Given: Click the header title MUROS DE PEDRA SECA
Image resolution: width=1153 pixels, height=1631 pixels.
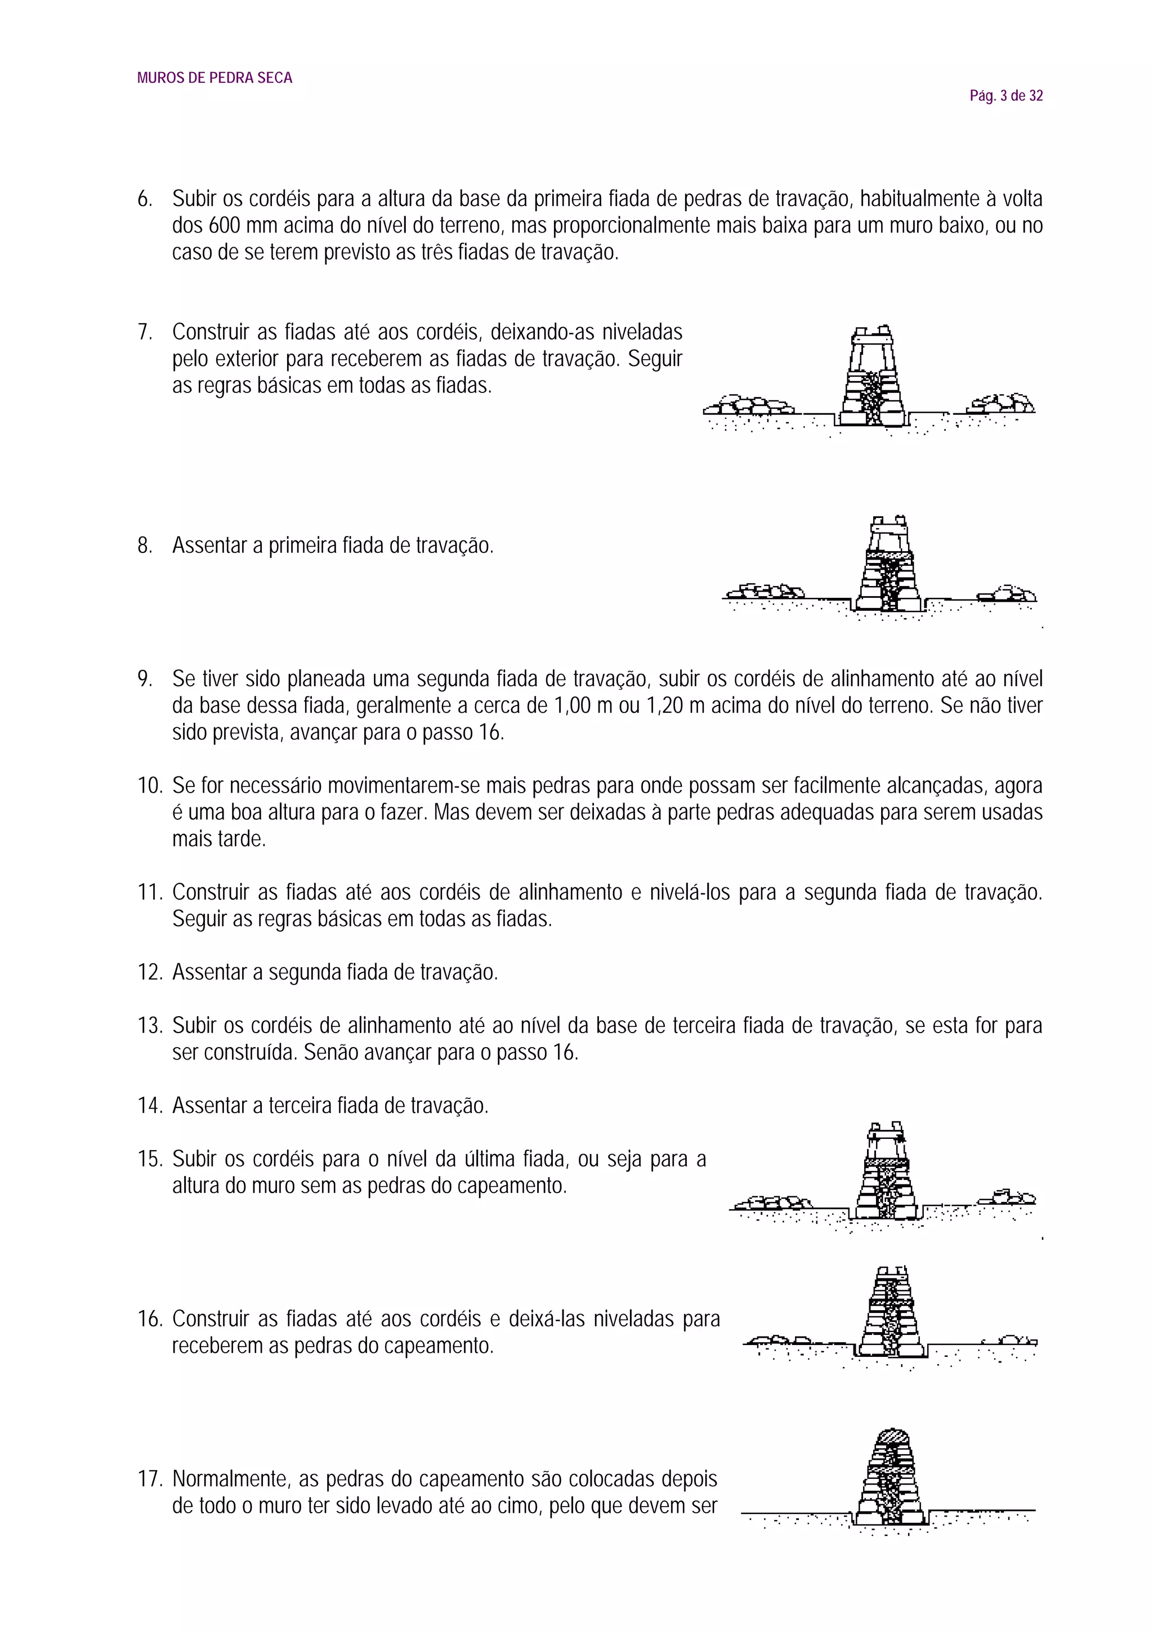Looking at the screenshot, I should pyautogui.click(x=214, y=78).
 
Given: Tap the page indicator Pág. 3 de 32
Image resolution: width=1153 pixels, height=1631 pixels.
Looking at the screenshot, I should pyautogui.click(x=1006, y=96).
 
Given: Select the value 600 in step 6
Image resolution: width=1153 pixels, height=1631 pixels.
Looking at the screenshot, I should pyautogui.click(x=225, y=226).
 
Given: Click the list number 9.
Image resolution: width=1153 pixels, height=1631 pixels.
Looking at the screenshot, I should pyautogui.click(x=144, y=679).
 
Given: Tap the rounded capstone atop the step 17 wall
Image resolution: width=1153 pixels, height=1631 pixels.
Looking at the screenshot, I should pyautogui.click(x=892, y=1441).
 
